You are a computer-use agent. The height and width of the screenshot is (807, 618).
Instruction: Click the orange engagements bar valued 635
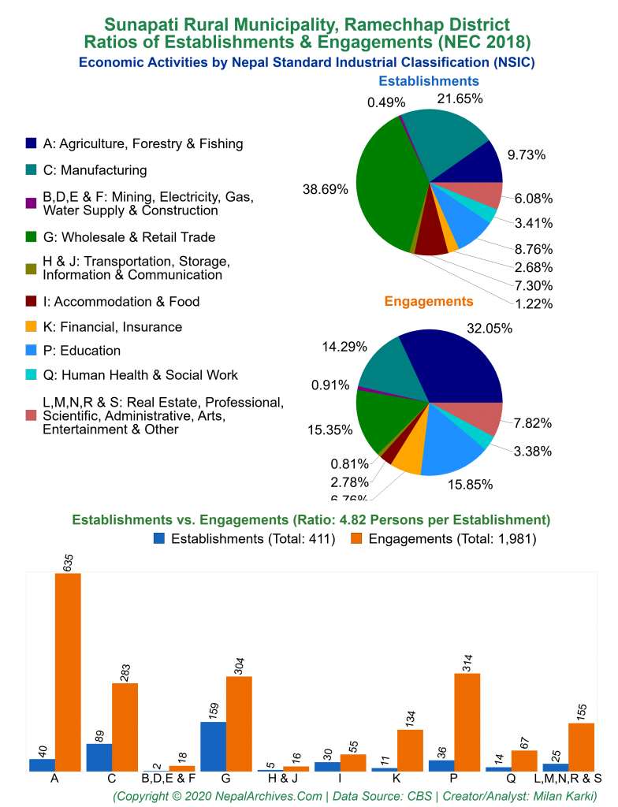68,671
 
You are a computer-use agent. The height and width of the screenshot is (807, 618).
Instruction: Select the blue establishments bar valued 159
213,746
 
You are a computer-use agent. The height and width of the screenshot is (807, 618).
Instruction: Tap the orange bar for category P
467,722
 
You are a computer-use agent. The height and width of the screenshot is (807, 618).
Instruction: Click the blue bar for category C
99,757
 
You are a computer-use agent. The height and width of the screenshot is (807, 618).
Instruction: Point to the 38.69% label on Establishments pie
326,189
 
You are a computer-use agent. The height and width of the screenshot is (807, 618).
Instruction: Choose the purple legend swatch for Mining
31,203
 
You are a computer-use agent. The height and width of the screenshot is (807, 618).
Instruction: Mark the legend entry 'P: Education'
82,351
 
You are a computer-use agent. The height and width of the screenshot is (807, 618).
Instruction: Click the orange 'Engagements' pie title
429,301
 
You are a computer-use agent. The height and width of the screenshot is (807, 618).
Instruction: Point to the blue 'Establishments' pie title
429,81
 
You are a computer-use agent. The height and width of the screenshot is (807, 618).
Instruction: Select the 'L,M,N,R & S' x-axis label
568,779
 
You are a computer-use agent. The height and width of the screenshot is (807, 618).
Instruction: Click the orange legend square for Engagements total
356,540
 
